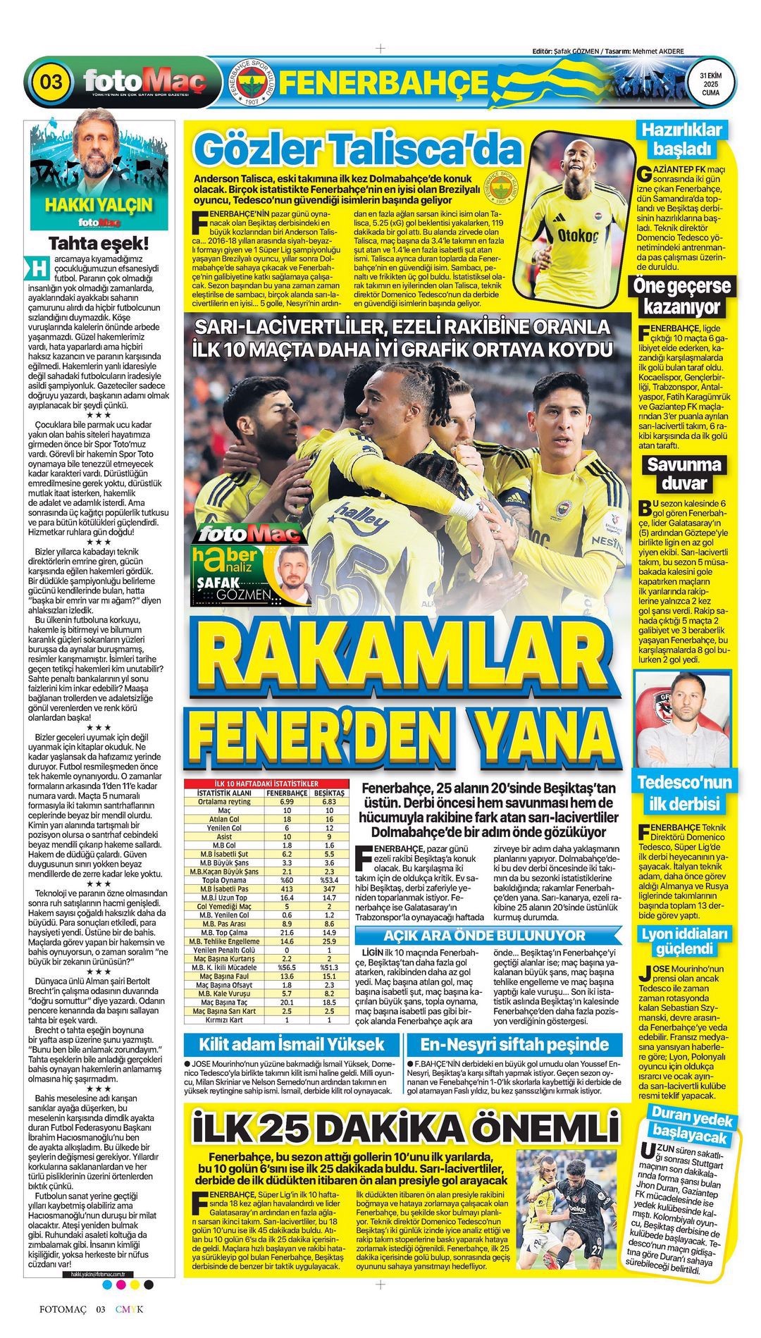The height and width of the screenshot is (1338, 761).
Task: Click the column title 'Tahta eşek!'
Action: (99, 244)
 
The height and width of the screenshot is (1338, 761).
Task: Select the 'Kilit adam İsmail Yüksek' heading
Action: (292, 1044)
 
